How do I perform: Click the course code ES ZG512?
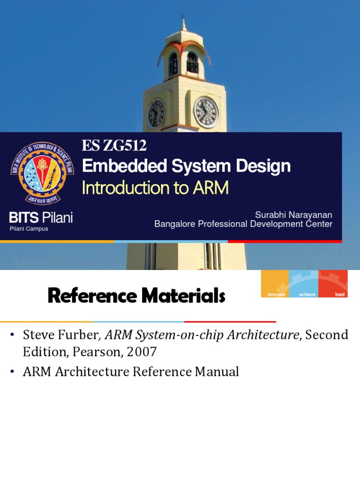coord(114,146)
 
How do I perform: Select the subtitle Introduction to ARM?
coord(155,188)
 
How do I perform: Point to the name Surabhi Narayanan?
coord(293,215)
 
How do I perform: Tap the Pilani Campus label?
coord(29,229)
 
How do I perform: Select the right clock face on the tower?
coord(206,113)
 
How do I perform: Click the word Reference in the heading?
coord(88,296)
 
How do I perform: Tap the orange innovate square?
coord(275,284)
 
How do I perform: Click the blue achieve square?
coord(304,284)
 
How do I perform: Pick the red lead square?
coord(333,284)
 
